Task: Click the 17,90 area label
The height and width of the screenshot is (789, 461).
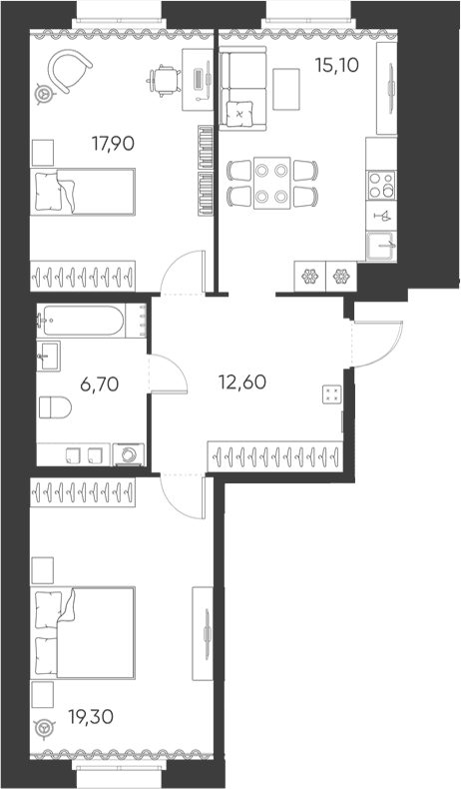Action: tap(113, 145)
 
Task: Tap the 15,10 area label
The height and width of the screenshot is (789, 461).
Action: tap(337, 65)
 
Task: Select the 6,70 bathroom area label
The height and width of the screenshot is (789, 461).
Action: tap(100, 385)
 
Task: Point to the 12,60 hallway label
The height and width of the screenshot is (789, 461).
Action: tap(242, 383)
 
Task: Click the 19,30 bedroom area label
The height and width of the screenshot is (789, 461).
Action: tap(91, 717)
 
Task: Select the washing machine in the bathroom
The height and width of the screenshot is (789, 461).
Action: tap(128, 454)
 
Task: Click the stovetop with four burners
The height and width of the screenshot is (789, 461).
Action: tap(381, 185)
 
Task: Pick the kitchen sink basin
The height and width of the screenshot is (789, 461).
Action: tap(381, 246)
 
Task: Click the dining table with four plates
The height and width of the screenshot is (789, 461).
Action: tap(272, 183)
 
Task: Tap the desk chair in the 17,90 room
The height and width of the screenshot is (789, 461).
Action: tap(165, 80)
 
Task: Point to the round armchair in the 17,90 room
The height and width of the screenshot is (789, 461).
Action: tap(69, 72)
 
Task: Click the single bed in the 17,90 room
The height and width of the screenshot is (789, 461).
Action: tap(83, 192)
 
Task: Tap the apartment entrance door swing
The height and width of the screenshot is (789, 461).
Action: tap(378, 344)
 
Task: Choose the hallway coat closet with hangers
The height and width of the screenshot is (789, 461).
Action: tap(275, 456)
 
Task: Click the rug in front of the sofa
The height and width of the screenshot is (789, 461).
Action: tap(286, 89)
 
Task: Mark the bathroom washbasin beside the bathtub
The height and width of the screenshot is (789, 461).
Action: tap(48, 356)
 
